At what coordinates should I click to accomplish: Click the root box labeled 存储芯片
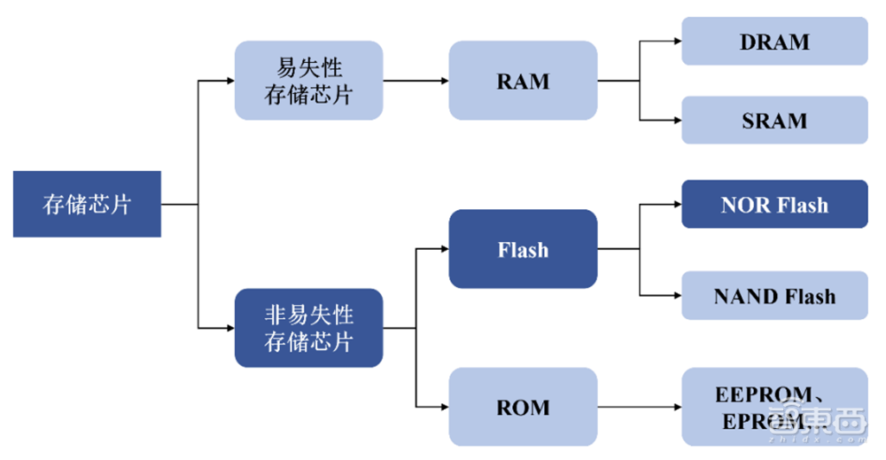pos(87,204)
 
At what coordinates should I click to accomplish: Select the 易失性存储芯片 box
pos(308,81)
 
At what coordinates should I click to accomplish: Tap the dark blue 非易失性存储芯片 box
pos(308,328)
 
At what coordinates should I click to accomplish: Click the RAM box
pos(523,81)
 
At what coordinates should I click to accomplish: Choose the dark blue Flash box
pos(523,249)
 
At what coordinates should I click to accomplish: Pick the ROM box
pos(523,407)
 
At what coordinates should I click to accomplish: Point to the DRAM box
pos(774,41)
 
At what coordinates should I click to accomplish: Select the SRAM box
pos(774,120)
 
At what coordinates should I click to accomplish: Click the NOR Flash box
pos(774,204)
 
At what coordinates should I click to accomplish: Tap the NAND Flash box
pos(774,295)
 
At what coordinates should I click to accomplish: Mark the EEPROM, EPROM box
pos(774,407)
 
